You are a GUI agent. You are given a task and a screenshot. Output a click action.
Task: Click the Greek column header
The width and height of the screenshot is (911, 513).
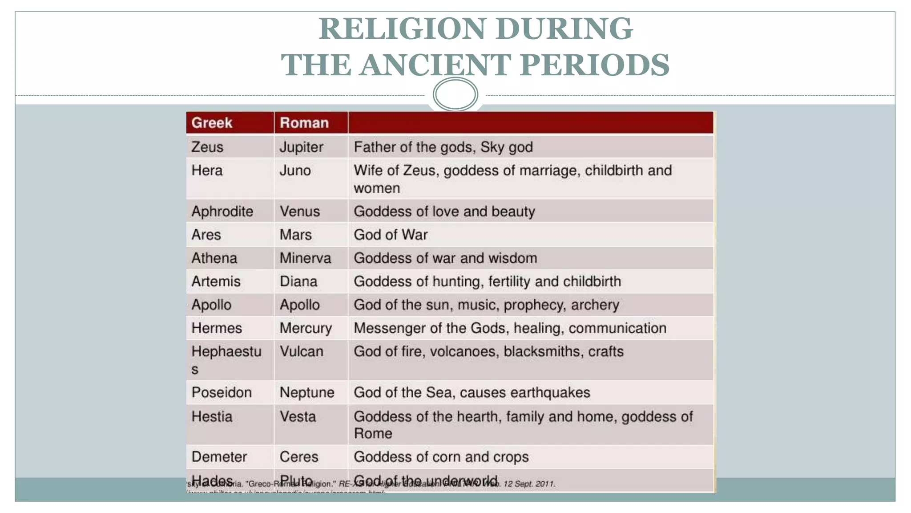coord(212,123)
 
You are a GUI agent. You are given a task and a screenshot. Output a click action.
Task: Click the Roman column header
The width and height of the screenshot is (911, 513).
coord(304,123)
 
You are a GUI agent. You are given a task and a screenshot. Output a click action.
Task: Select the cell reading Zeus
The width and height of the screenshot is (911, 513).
coord(207,147)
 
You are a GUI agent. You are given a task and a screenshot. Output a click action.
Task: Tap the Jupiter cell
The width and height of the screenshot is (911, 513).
coord(301,147)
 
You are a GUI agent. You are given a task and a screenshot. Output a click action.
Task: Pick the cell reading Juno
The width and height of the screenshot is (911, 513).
coord(295,171)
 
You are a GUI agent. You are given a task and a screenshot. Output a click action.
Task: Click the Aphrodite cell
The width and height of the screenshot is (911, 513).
coord(222,212)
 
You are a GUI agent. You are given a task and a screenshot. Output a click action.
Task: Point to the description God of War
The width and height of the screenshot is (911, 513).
coord(391,235)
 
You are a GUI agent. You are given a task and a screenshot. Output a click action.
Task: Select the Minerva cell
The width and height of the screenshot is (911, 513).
coord(305,258)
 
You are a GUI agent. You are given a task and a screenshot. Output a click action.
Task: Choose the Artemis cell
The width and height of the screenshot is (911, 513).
coord(216,281)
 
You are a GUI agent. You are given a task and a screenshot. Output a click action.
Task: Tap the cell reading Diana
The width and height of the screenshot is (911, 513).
coord(298,281)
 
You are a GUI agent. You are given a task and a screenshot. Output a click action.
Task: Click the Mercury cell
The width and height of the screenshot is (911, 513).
coord(306,328)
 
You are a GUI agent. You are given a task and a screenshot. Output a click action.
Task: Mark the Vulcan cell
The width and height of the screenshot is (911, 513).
coord(301,351)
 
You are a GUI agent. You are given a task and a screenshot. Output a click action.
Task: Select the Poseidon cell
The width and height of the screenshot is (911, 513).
coord(222,392)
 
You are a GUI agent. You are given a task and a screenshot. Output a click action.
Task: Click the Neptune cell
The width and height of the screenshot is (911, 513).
coord(307,392)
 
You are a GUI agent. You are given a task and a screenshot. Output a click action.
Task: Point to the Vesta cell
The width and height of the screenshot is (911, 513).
coord(298,417)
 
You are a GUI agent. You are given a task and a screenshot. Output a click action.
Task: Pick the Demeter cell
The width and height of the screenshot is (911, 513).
coord(219,457)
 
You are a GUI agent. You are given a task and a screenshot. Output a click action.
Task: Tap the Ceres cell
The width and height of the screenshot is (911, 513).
coord(299,457)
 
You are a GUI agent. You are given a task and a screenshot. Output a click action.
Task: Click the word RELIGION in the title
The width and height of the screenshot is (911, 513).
coord(402,29)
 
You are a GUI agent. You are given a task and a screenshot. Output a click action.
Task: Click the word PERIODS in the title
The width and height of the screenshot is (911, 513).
coord(594,65)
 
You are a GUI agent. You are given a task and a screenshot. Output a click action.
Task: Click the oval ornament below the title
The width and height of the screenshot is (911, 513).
coord(455,94)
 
